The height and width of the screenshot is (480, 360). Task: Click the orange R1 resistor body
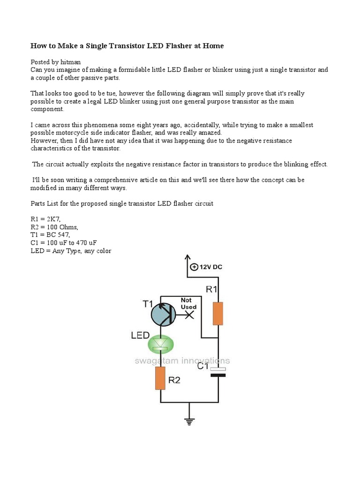click(x=218, y=314)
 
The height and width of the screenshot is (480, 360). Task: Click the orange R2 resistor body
click(x=160, y=378)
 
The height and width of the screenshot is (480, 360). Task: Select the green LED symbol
click(x=161, y=345)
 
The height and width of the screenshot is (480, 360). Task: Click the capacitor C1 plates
click(x=218, y=372)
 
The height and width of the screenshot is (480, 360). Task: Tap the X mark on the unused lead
click(x=189, y=316)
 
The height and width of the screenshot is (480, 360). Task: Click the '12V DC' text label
click(x=211, y=267)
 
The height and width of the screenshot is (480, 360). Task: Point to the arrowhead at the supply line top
click(x=187, y=258)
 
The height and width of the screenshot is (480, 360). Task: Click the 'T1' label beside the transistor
click(x=148, y=304)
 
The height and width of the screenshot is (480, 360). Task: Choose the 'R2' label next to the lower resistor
click(x=174, y=380)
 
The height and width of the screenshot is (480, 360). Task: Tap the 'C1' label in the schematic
click(x=202, y=366)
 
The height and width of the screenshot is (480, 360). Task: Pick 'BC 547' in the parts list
click(x=57, y=235)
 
